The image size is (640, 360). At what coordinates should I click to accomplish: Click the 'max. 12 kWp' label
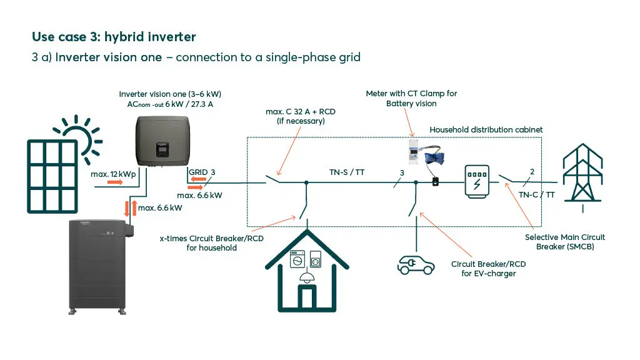click(113, 174)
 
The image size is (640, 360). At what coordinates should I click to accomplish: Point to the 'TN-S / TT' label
click(347, 172)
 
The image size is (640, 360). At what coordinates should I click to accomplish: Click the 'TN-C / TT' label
click(536, 194)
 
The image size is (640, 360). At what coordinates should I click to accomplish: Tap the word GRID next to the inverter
click(197, 172)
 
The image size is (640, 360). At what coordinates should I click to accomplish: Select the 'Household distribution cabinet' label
click(486, 129)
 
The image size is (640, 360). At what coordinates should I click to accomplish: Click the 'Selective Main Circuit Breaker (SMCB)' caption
click(564, 241)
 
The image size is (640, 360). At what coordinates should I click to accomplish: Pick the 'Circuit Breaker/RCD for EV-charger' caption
click(488, 269)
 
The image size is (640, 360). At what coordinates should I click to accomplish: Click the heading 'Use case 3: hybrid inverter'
click(114, 38)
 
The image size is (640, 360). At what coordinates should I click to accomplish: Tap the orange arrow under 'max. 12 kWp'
click(115, 182)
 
